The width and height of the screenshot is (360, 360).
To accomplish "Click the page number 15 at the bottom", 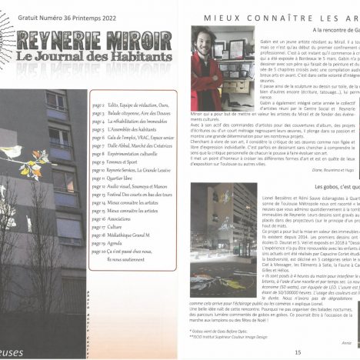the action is [297, 352].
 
